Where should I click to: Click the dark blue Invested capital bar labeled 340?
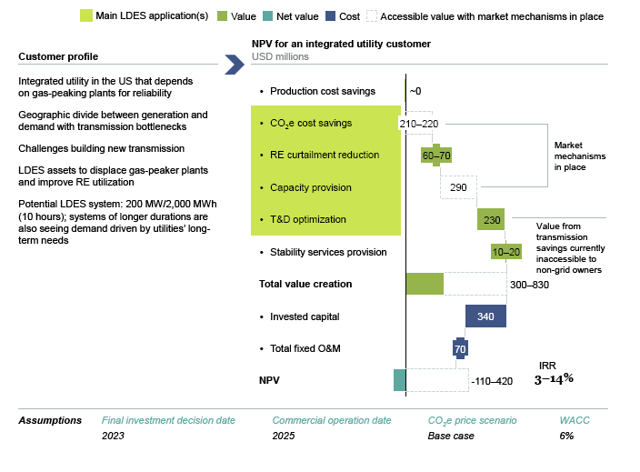pos(485,316)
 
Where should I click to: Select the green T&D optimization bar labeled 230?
pos(491,219)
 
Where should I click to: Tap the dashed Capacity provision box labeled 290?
pos(458,186)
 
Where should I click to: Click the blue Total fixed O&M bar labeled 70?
pos(460,348)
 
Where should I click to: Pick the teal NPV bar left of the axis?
pos(399,380)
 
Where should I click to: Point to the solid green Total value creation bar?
pos(425,284)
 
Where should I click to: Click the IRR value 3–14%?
pos(554,378)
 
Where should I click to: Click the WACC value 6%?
pos(566,436)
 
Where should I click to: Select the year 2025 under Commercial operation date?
pos(284,436)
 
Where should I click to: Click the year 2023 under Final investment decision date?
pos(113,436)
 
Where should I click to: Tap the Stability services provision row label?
pos(328,252)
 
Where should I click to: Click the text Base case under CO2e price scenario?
pos(451,436)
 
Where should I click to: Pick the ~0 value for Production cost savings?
pos(415,91)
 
